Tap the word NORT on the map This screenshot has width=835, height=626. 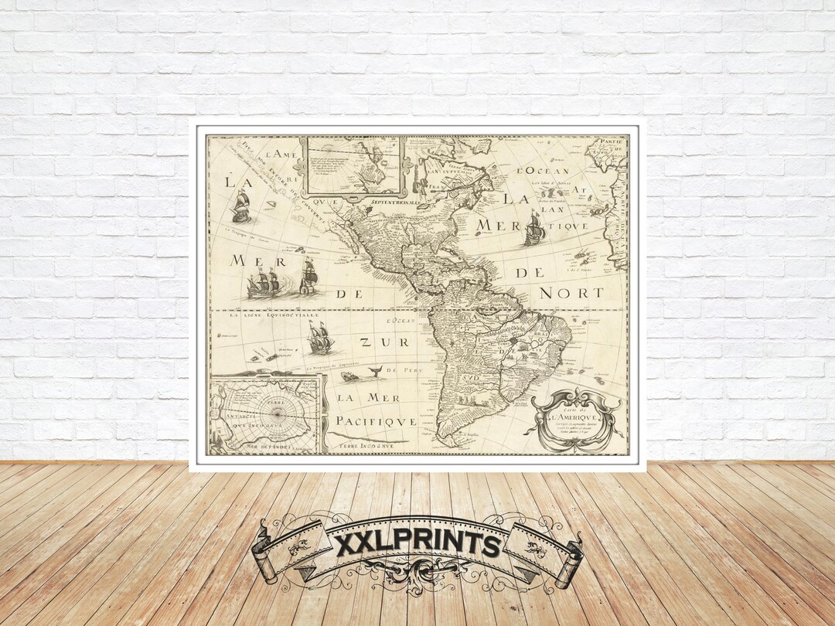(x=571, y=293)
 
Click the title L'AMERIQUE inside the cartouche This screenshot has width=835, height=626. (x=571, y=418)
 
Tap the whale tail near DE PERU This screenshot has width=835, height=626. (x=376, y=373)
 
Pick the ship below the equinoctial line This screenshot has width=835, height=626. (x=319, y=339)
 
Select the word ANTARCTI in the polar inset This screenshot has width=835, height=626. (x=230, y=410)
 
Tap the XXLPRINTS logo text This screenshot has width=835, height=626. (x=417, y=544)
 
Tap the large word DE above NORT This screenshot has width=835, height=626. (x=530, y=273)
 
